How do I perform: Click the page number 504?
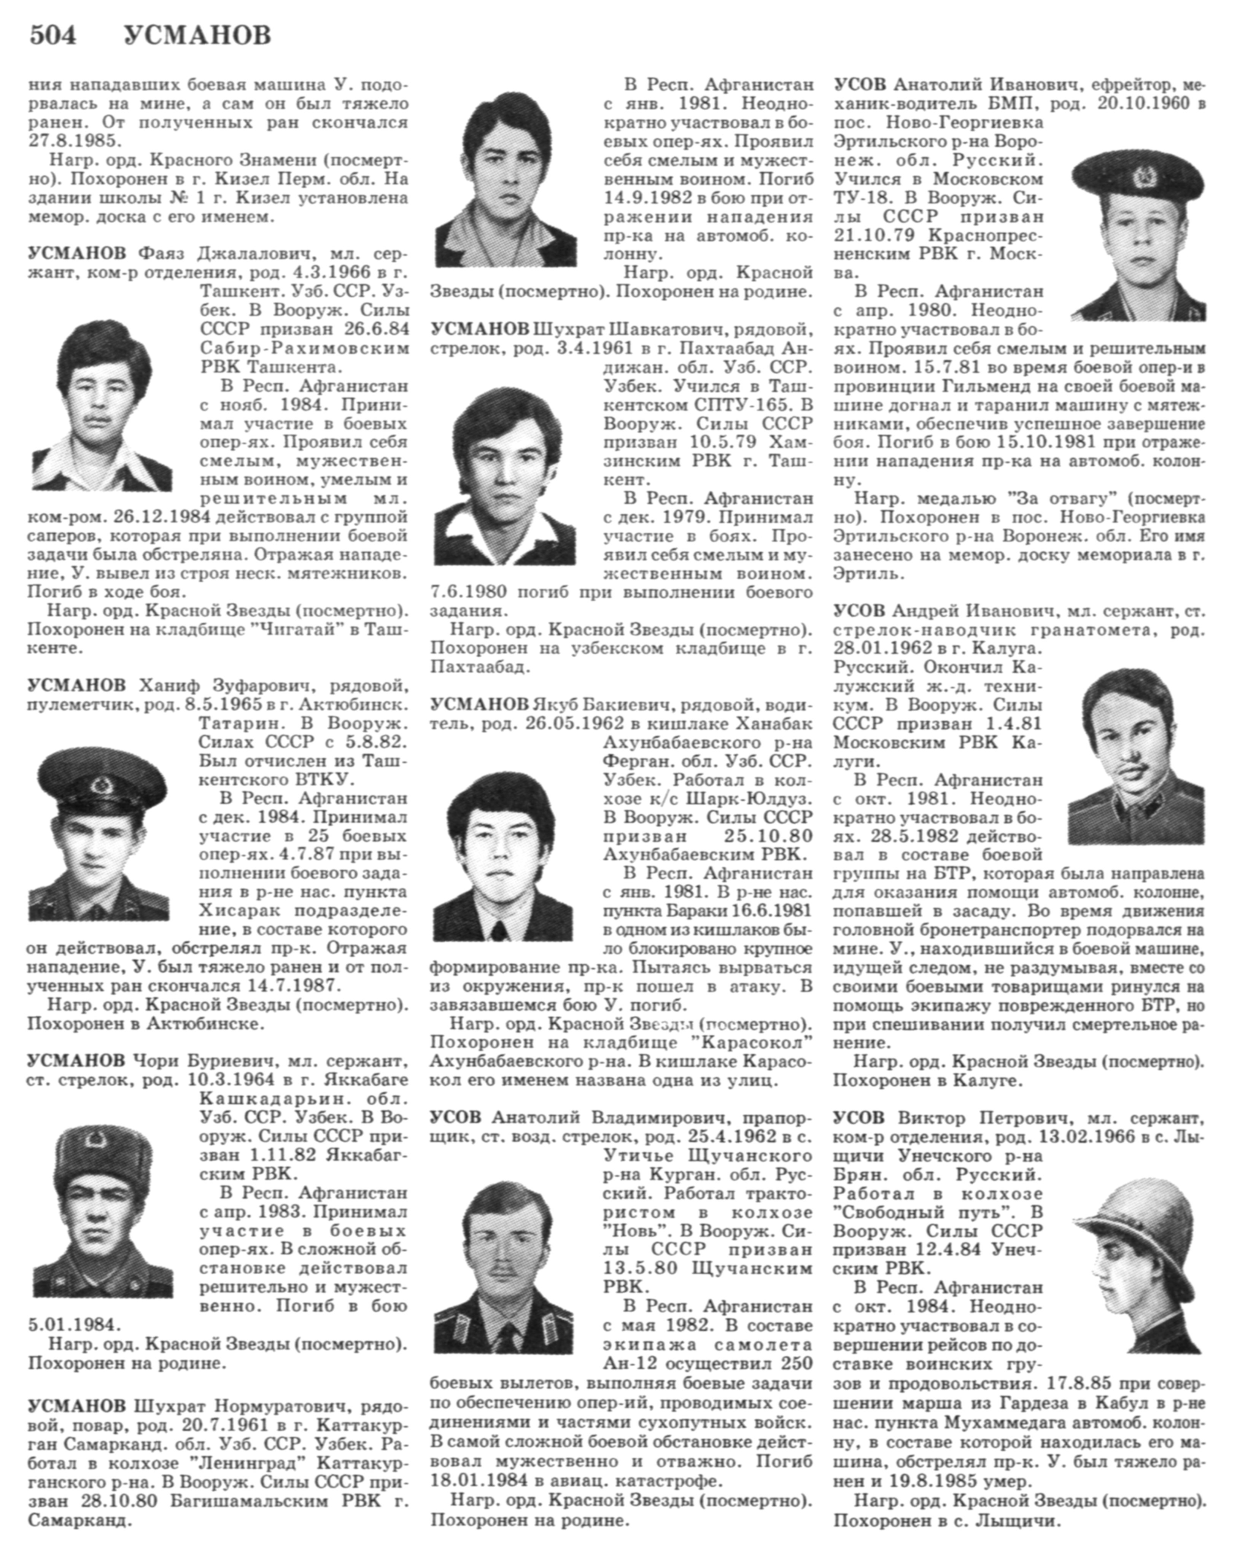point(52,35)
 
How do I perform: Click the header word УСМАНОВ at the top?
point(197,35)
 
